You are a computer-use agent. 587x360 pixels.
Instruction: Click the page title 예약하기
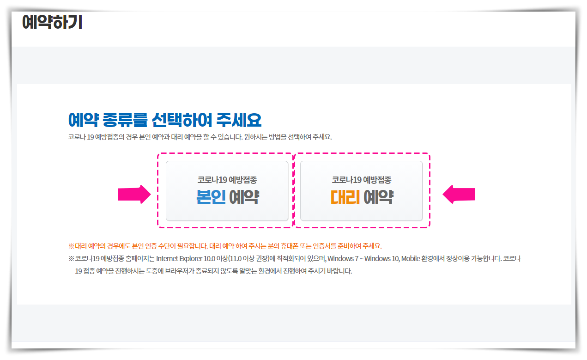52,22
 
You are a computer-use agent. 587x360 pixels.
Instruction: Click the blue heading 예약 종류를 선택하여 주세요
164,120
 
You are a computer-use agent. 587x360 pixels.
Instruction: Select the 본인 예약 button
227,190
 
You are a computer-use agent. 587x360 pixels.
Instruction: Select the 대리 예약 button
361,190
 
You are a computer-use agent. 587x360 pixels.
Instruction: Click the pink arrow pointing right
134,195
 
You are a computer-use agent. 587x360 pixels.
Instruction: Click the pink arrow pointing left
459,195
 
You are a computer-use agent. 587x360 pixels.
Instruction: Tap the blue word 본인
211,197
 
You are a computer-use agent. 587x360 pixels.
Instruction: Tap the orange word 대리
345,197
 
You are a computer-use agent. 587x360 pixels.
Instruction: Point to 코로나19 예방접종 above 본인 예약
227,180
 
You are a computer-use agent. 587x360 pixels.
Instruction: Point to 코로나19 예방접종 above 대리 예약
361,180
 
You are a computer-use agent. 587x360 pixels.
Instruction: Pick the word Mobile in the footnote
410,258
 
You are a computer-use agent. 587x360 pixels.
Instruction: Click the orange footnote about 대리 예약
225,246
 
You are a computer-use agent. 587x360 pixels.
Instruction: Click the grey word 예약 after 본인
244,197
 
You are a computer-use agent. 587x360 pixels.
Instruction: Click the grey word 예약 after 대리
378,197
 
